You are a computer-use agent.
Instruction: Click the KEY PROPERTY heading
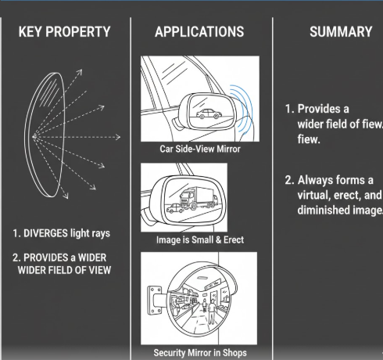64,32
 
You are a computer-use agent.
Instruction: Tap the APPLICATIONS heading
199,32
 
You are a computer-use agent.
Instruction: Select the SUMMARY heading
341,32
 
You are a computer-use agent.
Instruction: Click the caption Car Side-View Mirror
200,149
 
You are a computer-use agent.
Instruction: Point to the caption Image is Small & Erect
200,239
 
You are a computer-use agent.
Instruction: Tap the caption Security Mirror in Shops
200,353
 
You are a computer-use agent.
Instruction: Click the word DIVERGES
45,233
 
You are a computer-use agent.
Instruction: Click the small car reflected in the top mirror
209,113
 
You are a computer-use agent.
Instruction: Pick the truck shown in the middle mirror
199,198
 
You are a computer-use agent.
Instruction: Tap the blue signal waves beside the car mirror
242,109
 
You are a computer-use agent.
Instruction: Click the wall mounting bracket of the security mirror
156,300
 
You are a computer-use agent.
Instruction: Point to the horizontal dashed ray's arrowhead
118,137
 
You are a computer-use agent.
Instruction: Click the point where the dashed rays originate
34,136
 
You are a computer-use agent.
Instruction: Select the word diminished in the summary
324,210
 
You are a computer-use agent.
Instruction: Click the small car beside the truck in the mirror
175,208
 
